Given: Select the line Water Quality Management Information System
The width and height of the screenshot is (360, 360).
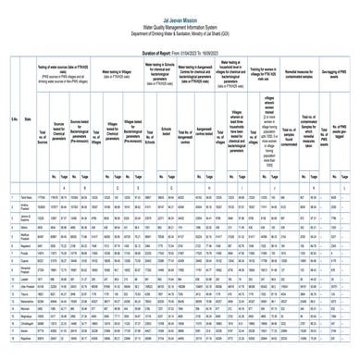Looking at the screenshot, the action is pos(180,12).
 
